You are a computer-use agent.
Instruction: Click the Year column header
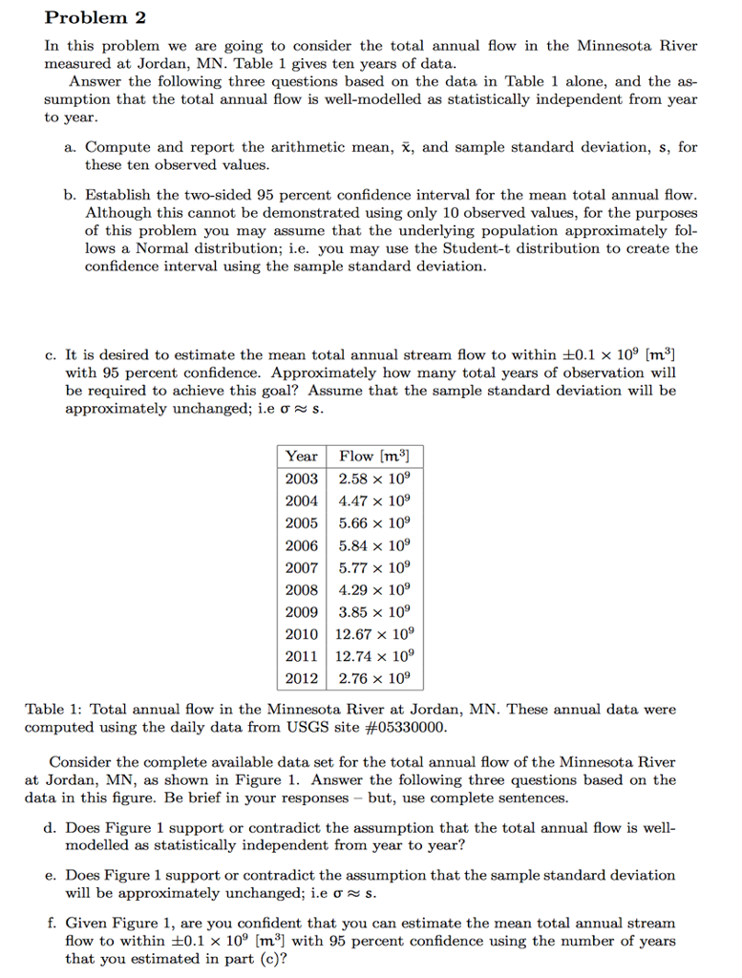[302, 456]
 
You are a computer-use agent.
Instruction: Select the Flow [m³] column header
[374, 456]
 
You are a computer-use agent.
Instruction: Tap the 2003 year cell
[302, 478]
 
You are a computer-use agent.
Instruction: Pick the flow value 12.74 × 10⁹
[374, 656]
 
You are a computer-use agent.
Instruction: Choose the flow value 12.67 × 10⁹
[374, 634]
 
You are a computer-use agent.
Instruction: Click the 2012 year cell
[302, 678]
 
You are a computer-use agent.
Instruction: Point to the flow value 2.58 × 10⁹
[374, 478]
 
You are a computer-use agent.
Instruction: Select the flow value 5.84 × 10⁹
[374, 544]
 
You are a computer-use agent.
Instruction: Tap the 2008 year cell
[302, 589]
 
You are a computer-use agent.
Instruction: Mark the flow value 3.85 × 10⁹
[374, 611]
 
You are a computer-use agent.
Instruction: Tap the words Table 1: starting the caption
[53, 710]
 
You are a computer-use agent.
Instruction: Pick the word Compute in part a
[117, 148]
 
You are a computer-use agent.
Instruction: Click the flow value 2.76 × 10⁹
[374, 678]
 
